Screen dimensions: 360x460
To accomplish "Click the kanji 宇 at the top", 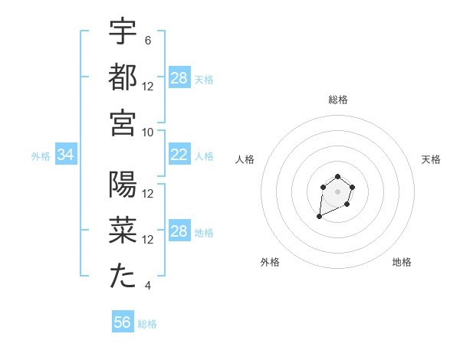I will pos(123,32).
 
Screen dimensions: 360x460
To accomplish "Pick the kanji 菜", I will pos(123,231).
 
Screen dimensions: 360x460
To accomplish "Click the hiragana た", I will pos(123,277).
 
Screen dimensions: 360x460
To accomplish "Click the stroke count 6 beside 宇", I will pos(147,41).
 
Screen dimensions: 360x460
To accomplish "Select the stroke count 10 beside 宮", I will pos(148,132).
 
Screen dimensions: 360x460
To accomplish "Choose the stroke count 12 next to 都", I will pos(148,86).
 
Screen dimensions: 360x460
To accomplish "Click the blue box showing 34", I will pos(65,155).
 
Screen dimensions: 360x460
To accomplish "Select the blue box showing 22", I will pos(179,155).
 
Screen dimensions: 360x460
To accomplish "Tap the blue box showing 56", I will pos(123,322).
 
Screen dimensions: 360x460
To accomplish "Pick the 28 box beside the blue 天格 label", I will pos(179,78).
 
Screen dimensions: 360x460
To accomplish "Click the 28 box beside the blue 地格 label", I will pos(179,232).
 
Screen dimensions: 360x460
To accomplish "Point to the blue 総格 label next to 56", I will pos(147,324).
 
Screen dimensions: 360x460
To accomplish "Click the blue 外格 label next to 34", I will pos(41,156).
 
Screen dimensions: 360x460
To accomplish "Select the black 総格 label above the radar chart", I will pos(338,100).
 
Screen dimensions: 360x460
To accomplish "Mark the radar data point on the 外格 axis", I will pos(319,217).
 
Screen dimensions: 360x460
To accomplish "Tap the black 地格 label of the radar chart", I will pos(402,263).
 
